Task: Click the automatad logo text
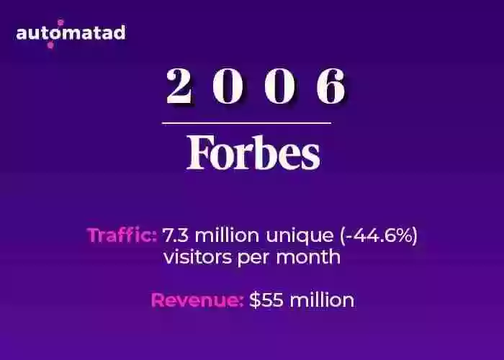pos(71,33)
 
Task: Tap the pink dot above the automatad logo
pos(60,22)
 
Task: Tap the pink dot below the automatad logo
pos(50,45)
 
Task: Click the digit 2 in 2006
pos(179,86)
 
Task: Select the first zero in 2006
pos(228,86)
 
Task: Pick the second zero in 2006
pos(279,86)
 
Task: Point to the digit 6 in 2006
pos(331,86)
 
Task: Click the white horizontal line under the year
pos(246,123)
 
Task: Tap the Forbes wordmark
pos(253,152)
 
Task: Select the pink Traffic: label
pos(122,235)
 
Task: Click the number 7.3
pos(176,235)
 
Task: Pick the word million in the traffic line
pos(227,235)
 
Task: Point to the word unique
pos(300,237)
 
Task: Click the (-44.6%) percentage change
pos(379,235)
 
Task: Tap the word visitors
pos(197,257)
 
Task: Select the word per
pos(253,258)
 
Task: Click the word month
pos(308,257)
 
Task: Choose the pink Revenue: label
pos(197,300)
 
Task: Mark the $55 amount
pos(266,300)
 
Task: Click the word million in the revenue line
pos(322,300)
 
